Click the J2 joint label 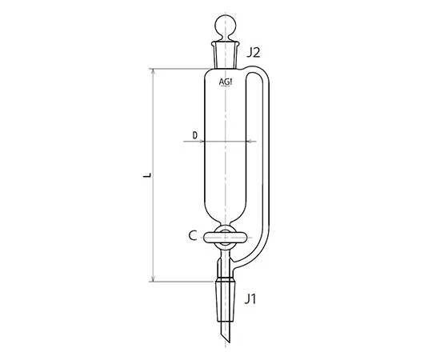point(254,54)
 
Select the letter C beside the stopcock point(193,235)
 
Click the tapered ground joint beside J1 point(225,295)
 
